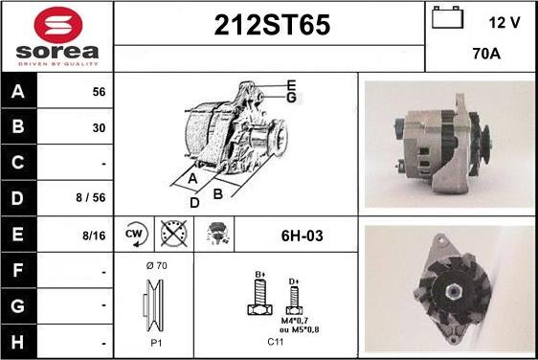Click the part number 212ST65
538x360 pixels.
click(x=269, y=27)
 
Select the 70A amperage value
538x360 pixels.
click(x=486, y=55)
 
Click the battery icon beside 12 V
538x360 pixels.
click(x=446, y=19)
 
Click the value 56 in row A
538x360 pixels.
click(x=98, y=93)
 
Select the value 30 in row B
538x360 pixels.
click(x=98, y=127)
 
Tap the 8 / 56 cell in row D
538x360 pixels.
click(x=92, y=198)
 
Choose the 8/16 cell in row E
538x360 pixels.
click(x=93, y=234)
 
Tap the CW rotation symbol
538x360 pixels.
click(x=134, y=234)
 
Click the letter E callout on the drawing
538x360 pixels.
click(x=291, y=85)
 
